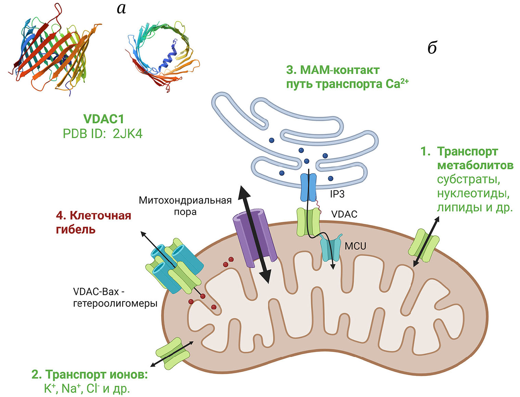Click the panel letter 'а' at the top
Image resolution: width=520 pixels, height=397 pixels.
tap(121, 8)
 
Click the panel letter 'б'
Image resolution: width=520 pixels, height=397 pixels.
tap(432, 48)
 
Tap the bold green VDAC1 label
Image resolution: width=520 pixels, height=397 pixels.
tap(103, 119)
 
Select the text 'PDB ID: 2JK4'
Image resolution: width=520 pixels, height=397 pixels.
tap(102, 134)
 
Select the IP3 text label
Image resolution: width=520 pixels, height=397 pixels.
tap(337, 194)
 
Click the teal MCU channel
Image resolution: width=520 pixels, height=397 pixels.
tap(330, 248)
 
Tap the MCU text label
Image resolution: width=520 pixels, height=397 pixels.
tap(355, 246)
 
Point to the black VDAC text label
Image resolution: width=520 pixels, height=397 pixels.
tap(344, 214)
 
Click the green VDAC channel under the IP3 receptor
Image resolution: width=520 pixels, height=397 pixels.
tap(308, 222)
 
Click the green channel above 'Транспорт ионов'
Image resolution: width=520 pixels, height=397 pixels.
tap(173, 353)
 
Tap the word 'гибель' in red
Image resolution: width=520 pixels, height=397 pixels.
tap(75, 229)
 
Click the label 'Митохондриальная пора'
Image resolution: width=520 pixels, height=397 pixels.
tap(185, 206)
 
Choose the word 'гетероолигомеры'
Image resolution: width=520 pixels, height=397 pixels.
tap(115, 303)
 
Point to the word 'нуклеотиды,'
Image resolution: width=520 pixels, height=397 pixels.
tap(473, 194)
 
